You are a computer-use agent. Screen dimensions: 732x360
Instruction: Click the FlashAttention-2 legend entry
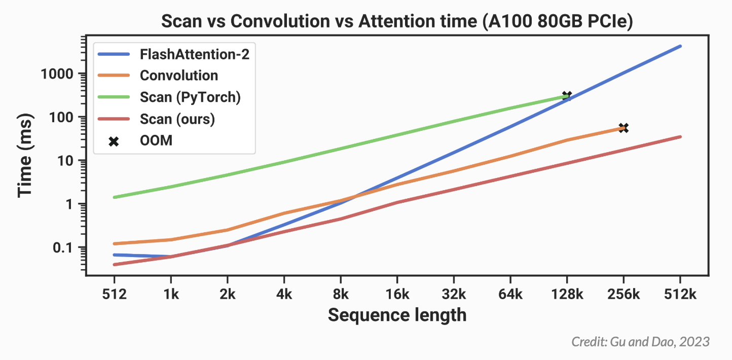(173, 54)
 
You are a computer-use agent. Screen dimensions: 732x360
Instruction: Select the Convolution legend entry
(158, 76)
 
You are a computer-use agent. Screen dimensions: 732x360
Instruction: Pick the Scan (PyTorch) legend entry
(169, 97)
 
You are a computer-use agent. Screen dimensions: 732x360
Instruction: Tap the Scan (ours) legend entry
(156, 119)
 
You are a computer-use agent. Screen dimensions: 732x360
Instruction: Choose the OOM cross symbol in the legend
(114, 141)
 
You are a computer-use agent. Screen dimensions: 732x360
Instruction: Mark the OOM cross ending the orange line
(624, 128)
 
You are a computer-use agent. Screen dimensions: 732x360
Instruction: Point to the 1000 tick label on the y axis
(57, 74)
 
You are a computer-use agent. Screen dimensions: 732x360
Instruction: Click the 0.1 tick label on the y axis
(63, 248)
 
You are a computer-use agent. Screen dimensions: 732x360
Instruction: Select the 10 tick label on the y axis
(65, 161)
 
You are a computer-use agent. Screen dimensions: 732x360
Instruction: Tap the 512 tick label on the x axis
(115, 295)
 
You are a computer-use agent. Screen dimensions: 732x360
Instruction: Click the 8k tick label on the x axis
(341, 295)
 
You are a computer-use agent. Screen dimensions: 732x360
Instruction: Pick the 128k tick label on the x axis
(567, 295)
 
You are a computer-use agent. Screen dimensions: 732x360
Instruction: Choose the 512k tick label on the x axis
(680, 295)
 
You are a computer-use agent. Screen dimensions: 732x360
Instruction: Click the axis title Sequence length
(397, 315)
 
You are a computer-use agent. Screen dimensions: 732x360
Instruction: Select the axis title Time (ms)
(25, 155)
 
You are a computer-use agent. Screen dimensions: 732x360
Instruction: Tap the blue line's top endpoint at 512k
(681, 46)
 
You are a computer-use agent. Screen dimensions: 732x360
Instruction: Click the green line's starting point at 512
(114, 197)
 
